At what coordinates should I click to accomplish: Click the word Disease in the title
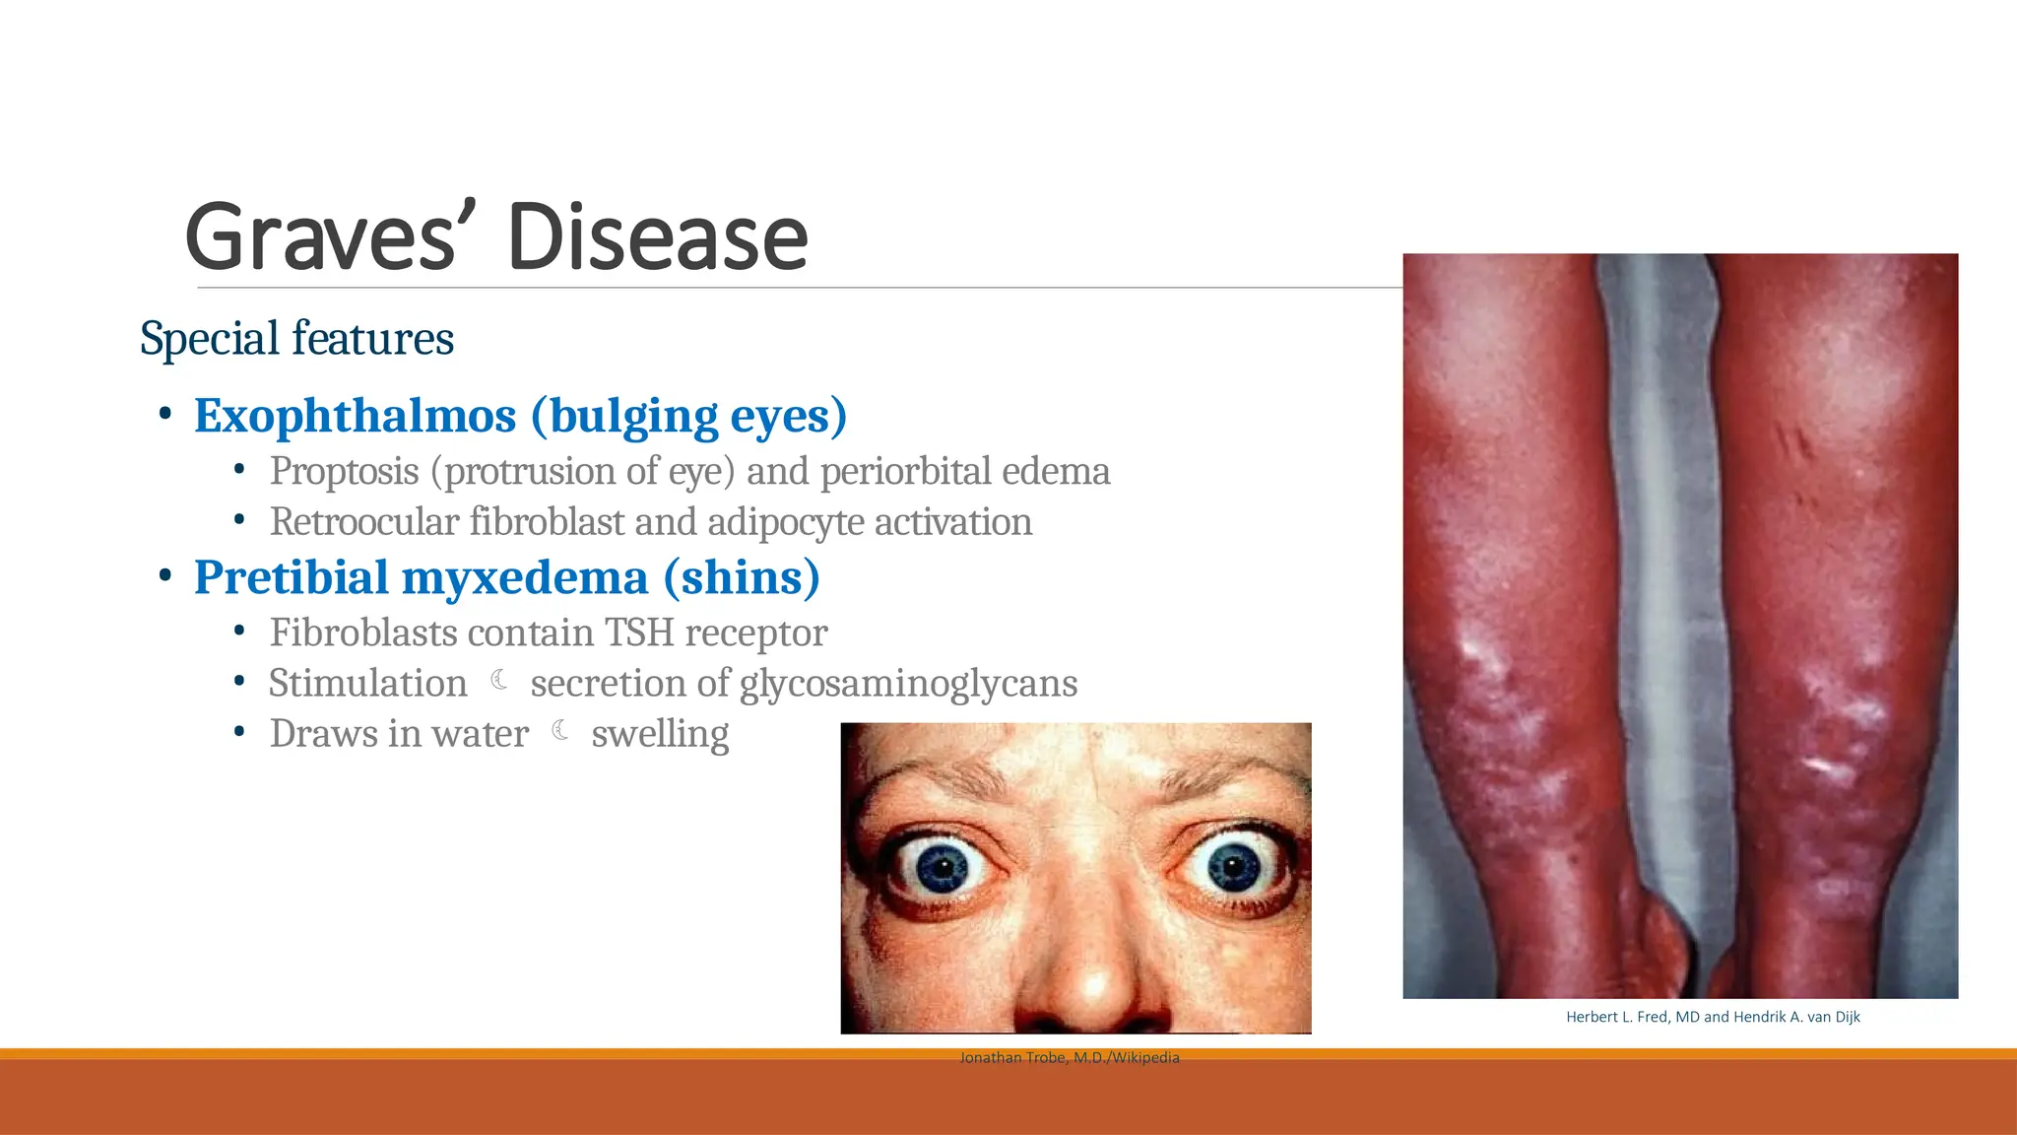point(657,237)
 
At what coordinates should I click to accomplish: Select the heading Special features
point(296,339)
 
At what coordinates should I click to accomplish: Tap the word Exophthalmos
point(355,416)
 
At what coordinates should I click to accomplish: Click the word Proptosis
point(344,472)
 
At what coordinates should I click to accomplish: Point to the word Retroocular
point(364,522)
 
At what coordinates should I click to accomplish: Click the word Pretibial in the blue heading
point(291,577)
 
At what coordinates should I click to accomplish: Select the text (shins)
point(742,577)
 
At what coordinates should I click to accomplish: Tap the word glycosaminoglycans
point(908,684)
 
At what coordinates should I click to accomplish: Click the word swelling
point(660,734)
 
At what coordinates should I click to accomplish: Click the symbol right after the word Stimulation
point(499,681)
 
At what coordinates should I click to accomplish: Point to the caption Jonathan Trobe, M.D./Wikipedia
point(1070,1058)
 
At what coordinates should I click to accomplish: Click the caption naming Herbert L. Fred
point(1713,1017)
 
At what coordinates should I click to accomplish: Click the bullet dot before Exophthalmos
point(165,414)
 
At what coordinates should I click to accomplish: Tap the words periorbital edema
point(965,472)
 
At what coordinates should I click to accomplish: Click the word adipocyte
point(785,522)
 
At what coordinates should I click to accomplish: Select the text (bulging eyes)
point(689,416)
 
